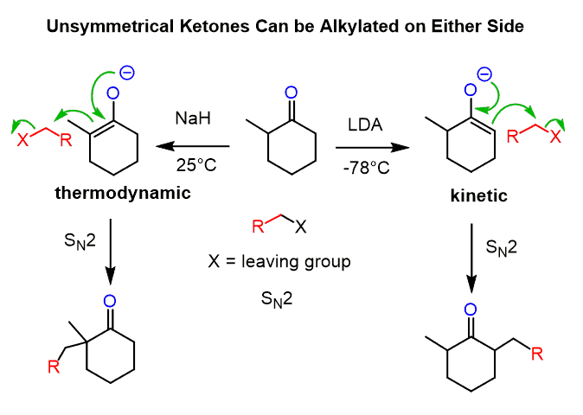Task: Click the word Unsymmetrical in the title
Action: coord(102,27)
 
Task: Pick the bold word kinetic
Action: coord(477,197)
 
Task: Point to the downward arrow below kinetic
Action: coord(471,259)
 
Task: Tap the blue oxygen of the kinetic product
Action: coord(471,309)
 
